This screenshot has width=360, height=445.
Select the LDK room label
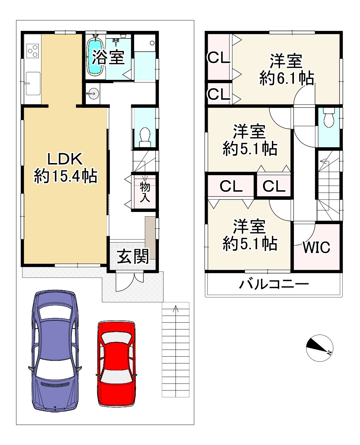(65, 159)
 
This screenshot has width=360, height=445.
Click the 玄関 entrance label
(133, 256)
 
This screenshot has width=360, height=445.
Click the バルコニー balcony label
(274, 284)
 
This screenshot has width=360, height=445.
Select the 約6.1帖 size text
(287, 78)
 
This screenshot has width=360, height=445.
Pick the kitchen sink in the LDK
(33, 83)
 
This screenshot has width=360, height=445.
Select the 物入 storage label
(145, 192)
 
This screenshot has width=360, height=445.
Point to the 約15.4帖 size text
(65, 176)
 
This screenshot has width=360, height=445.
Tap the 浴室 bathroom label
(108, 57)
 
